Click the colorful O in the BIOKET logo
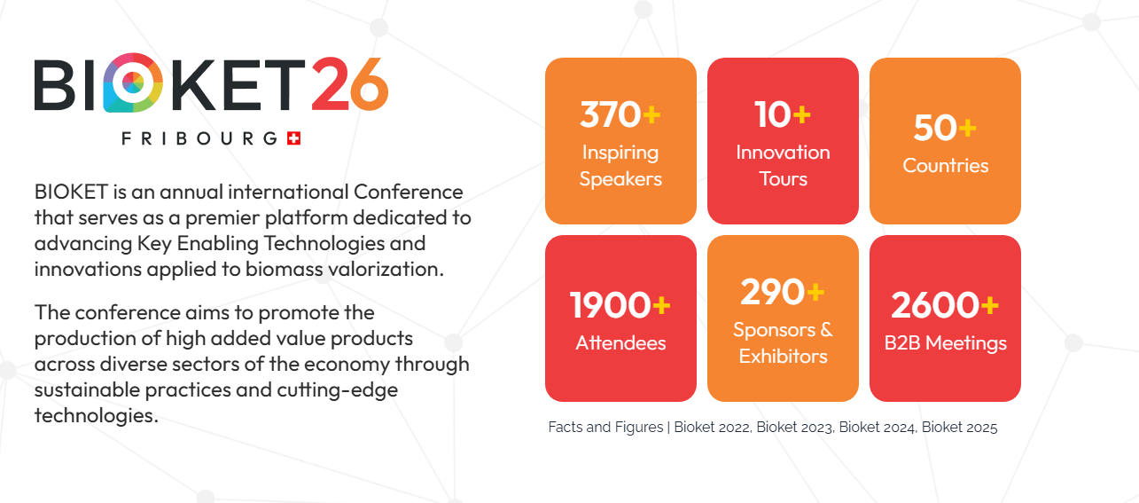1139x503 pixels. [133, 83]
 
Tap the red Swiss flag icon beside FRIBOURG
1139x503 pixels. [294, 138]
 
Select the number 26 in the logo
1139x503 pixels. [350, 84]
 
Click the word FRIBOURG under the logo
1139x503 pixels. [199, 138]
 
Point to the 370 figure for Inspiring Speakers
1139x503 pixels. [610, 114]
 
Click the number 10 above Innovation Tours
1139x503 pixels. [773, 114]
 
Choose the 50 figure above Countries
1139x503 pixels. [936, 128]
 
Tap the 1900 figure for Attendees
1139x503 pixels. [610, 305]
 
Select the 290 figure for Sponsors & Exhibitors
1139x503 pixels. [772, 292]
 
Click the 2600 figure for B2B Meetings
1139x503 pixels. [935, 305]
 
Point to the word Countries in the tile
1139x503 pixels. [945, 166]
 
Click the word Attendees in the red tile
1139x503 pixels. [620, 342]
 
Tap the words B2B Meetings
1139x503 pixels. [945, 342]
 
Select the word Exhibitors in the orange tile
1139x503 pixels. [783, 356]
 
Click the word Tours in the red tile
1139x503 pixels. [783, 178]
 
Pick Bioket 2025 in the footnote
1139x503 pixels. [959, 427]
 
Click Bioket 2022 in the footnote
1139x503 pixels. [712, 427]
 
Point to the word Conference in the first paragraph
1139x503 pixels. [409, 192]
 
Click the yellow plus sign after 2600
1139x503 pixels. [989, 305]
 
